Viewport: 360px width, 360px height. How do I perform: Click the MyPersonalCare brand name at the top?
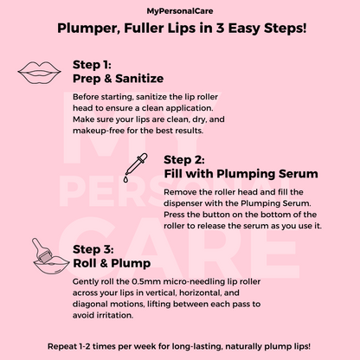(x=180, y=11)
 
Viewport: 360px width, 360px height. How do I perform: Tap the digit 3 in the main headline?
(x=220, y=29)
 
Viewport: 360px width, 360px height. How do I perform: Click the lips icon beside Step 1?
(x=39, y=73)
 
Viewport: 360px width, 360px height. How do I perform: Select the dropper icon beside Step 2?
(x=135, y=168)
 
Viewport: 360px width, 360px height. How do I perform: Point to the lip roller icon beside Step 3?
(x=50, y=256)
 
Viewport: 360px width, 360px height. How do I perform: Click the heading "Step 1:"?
(x=92, y=65)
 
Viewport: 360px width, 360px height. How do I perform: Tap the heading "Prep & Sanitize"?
(x=119, y=79)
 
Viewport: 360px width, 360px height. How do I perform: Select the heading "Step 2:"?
(x=184, y=160)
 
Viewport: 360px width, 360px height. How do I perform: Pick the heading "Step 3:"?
(x=93, y=249)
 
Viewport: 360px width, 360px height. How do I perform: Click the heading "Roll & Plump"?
(x=112, y=263)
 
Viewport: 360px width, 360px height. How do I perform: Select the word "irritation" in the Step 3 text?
(x=114, y=315)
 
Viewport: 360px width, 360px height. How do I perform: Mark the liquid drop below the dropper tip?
(x=125, y=179)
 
